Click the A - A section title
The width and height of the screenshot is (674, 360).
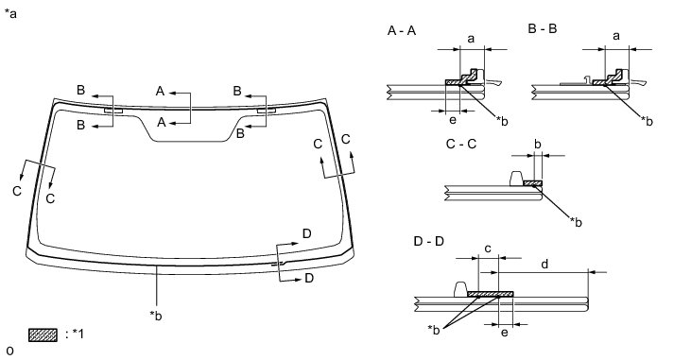tap(402, 31)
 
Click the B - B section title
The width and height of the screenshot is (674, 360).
tap(543, 28)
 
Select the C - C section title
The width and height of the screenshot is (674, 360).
tap(461, 144)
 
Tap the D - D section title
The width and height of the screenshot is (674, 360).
tap(428, 242)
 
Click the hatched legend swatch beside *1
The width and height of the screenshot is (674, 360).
tap(43, 335)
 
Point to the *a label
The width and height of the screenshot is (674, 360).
tap(10, 14)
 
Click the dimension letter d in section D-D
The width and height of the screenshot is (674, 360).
tap(544, 264)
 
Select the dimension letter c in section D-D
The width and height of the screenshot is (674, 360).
tap(488, 249)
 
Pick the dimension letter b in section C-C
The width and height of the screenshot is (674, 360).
tap(538, 144)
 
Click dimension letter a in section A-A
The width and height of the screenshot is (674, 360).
tap(471, 39)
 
